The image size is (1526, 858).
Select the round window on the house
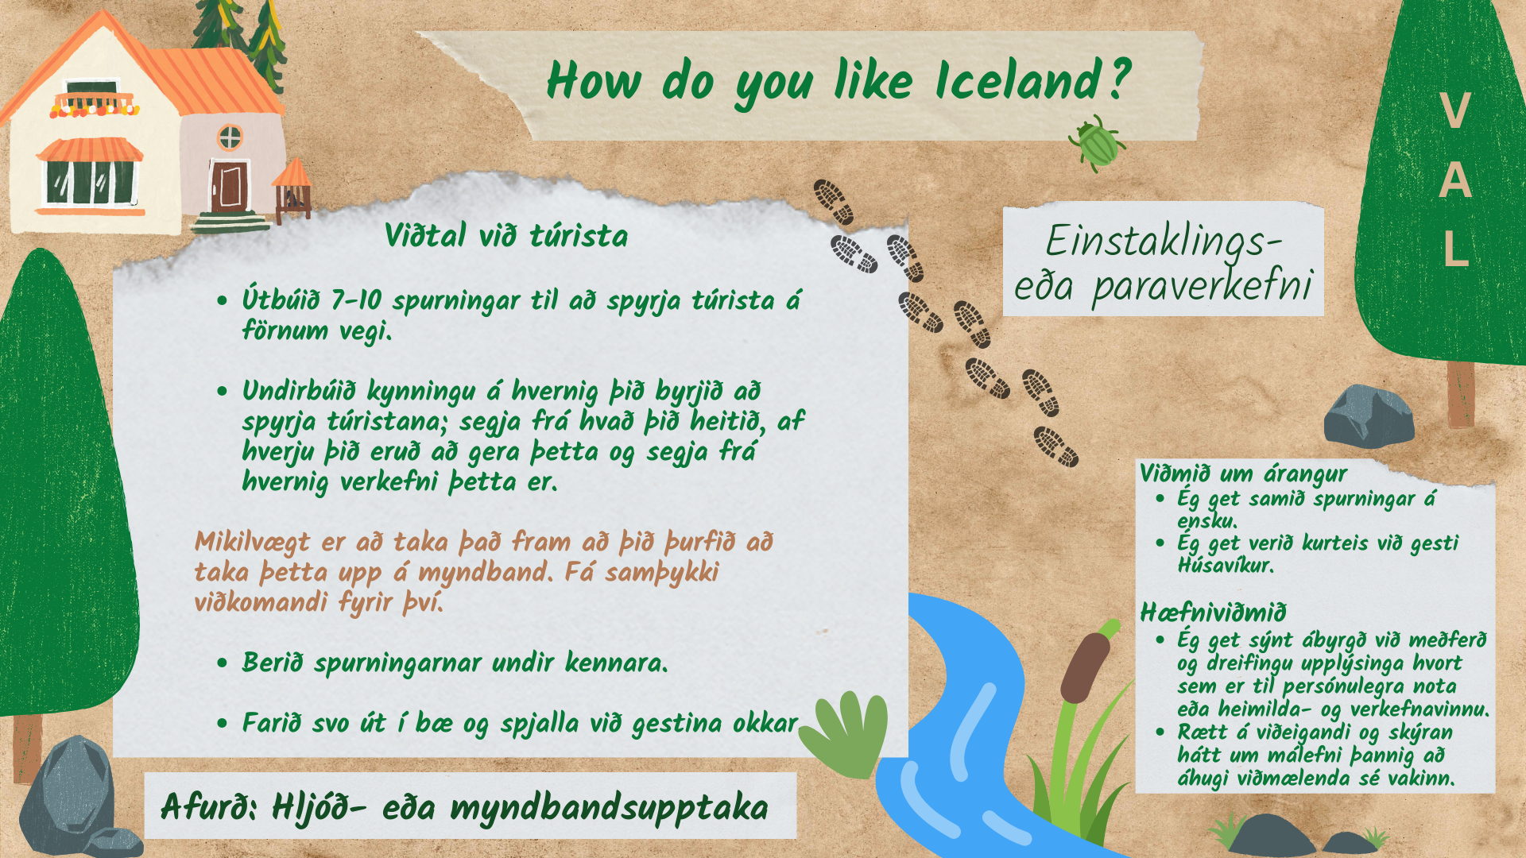click(230, 137)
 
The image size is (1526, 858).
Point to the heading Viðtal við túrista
click(506, 236)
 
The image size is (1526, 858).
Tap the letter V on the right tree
click(1455, 110)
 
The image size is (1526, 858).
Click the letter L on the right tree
click(1455, 249)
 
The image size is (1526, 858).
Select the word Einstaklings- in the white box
click(1164, 242)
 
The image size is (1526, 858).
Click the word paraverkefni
click(1203, 286)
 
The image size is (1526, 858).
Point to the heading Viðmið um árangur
click(1244, 474)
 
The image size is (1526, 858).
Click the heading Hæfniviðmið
click(1213, 613)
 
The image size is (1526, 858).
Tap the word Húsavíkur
click(1226, 566)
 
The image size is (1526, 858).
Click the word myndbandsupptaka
click(609, 809)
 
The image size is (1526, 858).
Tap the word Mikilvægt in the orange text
click(253, 543)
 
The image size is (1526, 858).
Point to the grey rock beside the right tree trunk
click(1369, 416)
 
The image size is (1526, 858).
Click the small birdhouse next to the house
click(292, 191)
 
